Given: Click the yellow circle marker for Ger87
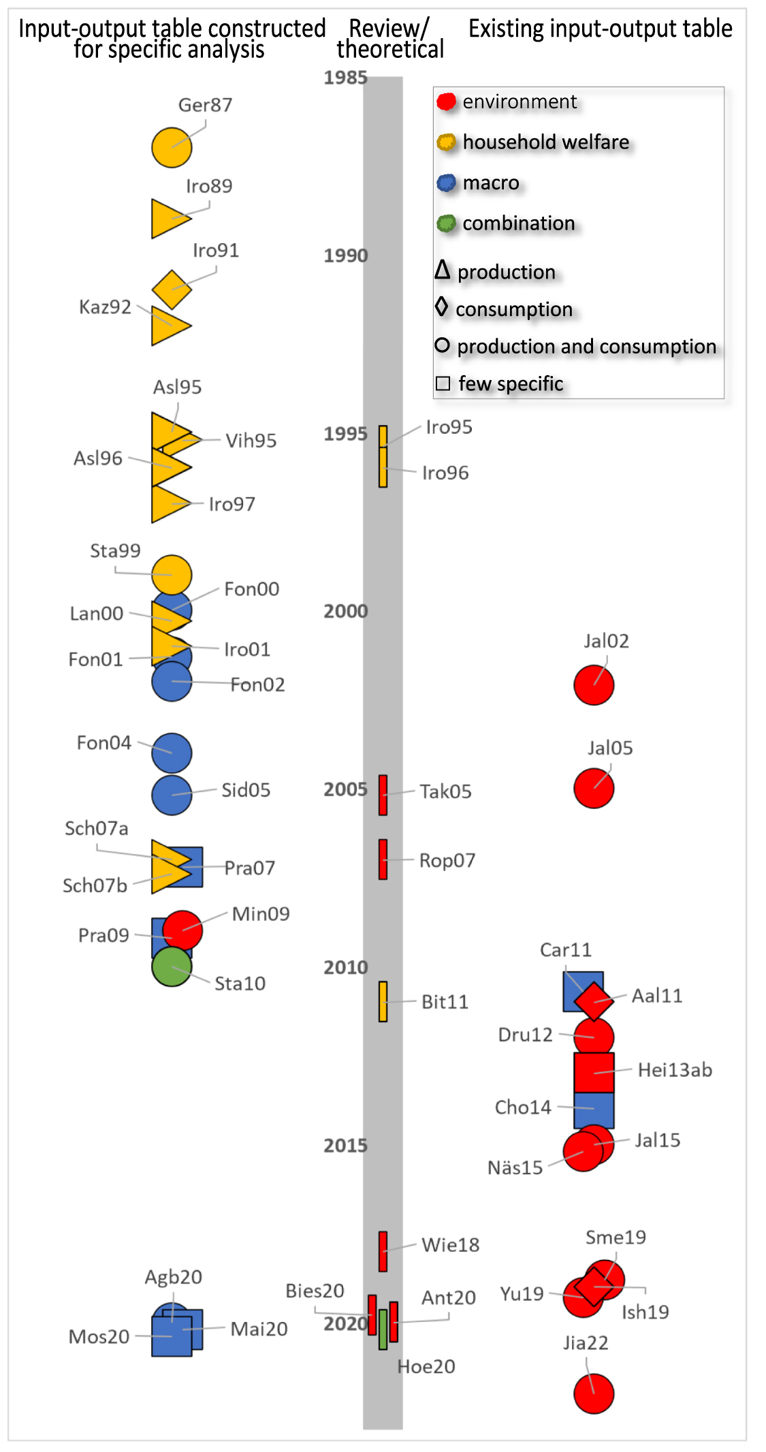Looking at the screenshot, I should (172, 147).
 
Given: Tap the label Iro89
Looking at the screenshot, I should (209, 186).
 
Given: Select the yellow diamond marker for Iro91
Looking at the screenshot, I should (172, 289).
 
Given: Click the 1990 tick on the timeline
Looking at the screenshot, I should (345, 256).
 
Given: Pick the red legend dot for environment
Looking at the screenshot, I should (446, 102).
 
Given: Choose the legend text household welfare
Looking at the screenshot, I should (545, 142).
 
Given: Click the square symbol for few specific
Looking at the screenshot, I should (443, 383).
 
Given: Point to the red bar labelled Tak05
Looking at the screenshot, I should (383, 795).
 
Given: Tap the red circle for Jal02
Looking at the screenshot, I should (594, 685).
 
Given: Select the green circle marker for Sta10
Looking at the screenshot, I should (171, 967).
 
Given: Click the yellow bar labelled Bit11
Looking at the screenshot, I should (383, 1001).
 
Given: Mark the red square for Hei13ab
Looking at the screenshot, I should (594, 1073).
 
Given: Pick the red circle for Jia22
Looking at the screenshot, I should (594, 1393).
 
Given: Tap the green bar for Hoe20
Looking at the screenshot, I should (383, 1329).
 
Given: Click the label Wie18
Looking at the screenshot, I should (450, 1245).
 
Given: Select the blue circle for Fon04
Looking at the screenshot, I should (172, 753).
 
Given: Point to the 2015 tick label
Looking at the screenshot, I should (345, 1146).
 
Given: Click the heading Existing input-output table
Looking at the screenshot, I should (600, 29).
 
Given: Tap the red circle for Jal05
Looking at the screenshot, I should (594, 788).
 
